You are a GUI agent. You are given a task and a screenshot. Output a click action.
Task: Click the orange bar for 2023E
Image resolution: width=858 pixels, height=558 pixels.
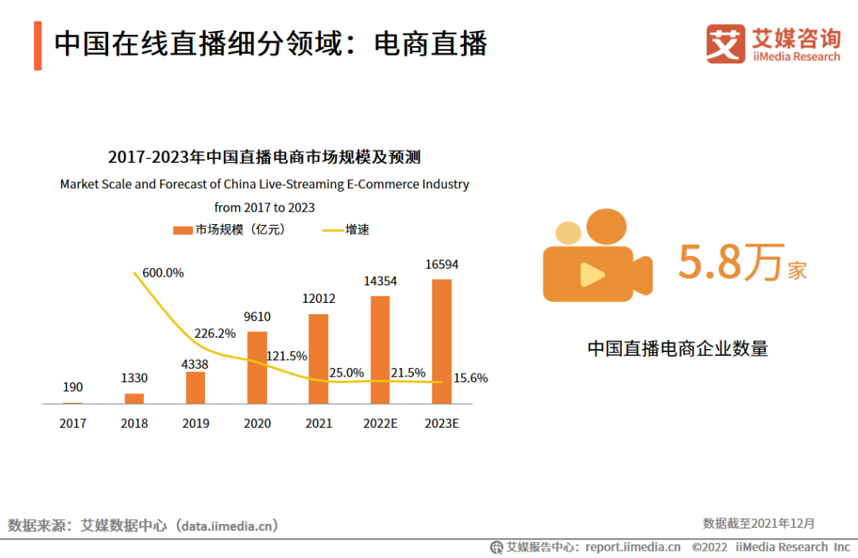[442, 341]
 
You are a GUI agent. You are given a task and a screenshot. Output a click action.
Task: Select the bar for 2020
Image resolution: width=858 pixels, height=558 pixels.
[257, 367]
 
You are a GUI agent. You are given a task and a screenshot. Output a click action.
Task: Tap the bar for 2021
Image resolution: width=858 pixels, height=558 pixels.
[319, 358]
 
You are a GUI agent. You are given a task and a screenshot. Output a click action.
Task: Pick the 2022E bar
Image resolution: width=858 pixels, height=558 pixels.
[380, 350]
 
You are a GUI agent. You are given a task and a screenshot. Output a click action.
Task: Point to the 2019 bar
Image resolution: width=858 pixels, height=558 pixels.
[195, 388]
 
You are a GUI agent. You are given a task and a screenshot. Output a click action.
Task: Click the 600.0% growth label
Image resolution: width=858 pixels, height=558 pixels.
[163, 273]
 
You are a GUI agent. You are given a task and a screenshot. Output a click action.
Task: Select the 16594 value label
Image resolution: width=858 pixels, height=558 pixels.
[442, 265]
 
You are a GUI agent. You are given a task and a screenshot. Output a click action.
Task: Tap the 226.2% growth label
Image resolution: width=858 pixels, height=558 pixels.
[214, 333]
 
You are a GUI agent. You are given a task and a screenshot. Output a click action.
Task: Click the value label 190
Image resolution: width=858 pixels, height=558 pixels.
[72, 387]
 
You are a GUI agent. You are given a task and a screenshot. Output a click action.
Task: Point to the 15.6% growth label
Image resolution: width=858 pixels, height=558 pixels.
[470, 378]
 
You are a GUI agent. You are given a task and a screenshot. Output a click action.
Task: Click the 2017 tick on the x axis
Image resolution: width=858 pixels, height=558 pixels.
[72, 424]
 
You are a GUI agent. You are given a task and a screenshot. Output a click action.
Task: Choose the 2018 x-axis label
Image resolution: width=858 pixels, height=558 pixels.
[134, 424]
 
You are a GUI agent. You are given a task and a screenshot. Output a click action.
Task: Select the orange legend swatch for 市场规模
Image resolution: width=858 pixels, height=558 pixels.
[183, 231]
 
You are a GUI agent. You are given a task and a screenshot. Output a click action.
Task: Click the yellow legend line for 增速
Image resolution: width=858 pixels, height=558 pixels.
[332, 231]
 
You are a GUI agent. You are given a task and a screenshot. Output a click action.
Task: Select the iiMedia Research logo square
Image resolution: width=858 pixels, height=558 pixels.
[725, 45]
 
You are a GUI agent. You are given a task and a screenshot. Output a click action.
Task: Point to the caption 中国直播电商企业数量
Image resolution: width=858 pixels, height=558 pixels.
[678, 348]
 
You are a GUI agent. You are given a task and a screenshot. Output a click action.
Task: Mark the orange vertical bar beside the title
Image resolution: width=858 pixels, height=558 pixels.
[37, 46]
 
